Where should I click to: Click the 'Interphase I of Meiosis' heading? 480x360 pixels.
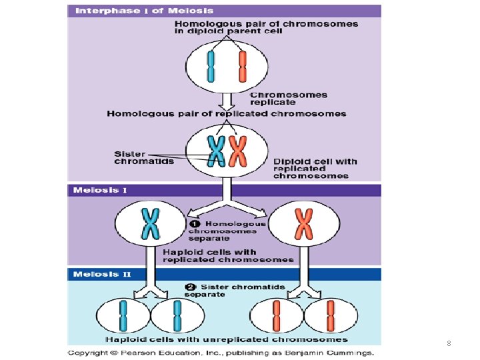click(144, 10)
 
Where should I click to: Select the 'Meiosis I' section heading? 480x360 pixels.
click(100, 190)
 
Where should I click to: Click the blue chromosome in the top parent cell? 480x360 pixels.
click(211, 67)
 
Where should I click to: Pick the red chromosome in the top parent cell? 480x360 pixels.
click(243, 67)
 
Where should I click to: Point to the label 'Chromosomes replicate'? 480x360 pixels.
click(288, 99)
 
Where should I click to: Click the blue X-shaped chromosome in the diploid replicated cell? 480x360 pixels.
click(216, 151)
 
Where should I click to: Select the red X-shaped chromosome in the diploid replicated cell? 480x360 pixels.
click(238, 151)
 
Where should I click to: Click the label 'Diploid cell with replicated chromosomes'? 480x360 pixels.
click(315, 168)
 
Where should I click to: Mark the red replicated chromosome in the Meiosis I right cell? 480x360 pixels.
click(304, 223)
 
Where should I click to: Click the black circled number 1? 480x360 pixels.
click(197, 224)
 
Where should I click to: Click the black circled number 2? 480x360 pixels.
click(189, 287)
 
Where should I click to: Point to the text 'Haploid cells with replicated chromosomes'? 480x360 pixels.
click(228, 255)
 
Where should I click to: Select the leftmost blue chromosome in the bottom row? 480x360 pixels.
click(123, 315)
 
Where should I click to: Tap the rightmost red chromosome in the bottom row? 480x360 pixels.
click(330, 315)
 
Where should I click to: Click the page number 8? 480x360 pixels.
click(449, 344)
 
